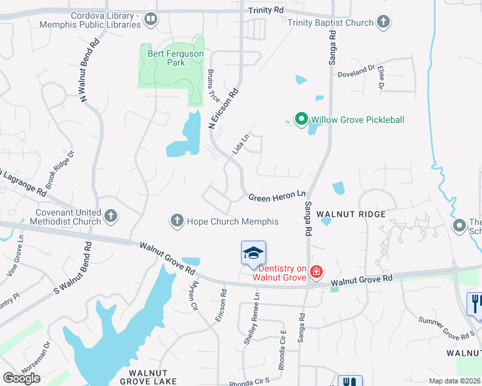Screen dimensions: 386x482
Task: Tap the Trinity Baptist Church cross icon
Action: point(383,23)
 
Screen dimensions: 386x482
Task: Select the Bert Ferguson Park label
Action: point(167,58)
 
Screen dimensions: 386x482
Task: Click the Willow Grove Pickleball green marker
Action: point(300,120)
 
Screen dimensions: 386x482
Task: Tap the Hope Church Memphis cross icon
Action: point(177,221)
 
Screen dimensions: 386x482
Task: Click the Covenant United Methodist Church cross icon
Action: point(111,217)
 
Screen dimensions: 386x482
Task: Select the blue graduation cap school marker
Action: point(253,253)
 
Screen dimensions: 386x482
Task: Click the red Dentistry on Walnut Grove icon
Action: point(316,271)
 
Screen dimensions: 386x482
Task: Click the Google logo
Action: point(21,378)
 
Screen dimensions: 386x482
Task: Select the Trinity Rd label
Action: point(266,10)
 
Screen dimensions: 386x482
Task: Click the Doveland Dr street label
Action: point(356,71)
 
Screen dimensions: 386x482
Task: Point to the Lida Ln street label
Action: point(240,143)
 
